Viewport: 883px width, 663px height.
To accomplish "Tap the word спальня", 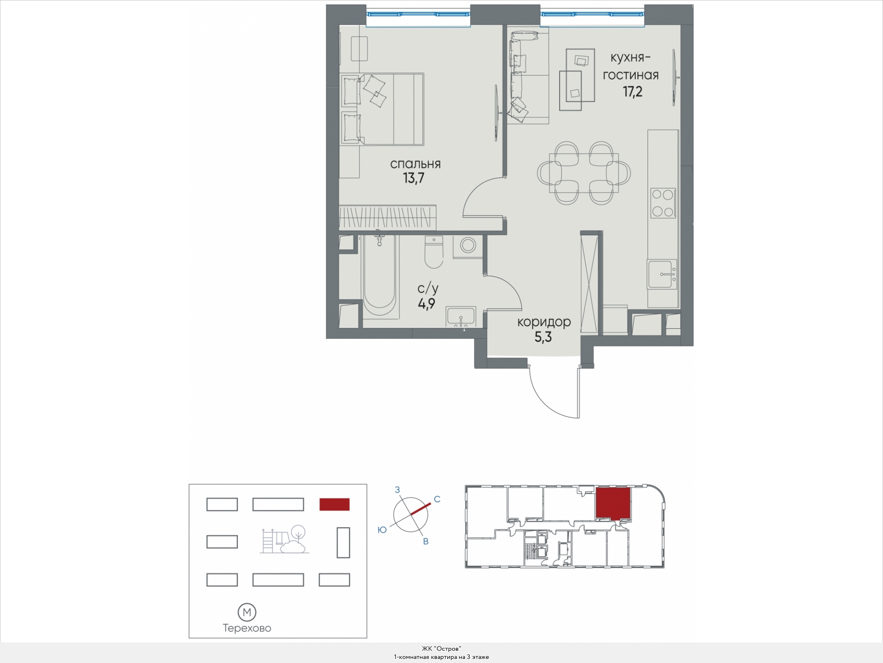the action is tap(415, 164).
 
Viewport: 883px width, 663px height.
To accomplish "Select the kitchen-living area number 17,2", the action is tap(632, 92).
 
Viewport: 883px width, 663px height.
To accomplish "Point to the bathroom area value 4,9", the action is tap(426, 304).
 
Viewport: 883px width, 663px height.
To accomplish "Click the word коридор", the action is tap(544, 322).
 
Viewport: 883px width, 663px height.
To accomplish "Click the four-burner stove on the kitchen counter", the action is tap(663, 203).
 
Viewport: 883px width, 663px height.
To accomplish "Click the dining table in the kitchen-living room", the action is tap(584, 173).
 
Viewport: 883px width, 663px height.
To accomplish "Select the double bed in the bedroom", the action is tap(382, 109).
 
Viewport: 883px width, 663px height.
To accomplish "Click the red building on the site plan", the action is tap(334, 504).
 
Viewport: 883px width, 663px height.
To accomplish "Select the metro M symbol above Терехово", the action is tap(247, 612).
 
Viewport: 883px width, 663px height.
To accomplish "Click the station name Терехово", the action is tap(247, 628).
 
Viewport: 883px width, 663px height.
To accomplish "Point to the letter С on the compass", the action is tap(437, 499).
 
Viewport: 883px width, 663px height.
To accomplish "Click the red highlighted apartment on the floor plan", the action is tap(612, 503).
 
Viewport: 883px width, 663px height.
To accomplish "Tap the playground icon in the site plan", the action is tap(285, 539).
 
